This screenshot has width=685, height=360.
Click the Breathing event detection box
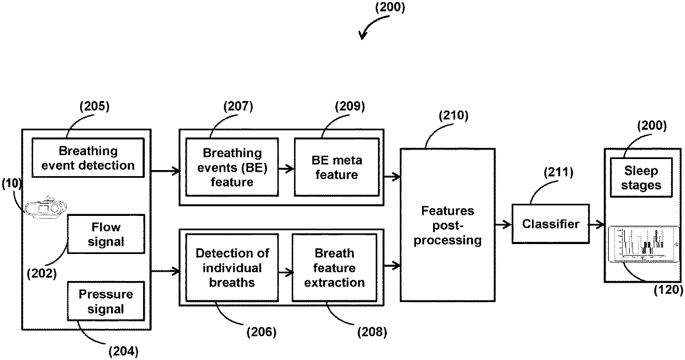(x=88, y=158)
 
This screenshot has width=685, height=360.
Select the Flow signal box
(x=106, y=234)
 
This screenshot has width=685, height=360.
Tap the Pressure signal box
(x=106, y=301)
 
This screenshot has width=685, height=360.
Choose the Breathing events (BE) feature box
(x=232, y=167)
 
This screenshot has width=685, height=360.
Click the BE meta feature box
(x=336, y=167)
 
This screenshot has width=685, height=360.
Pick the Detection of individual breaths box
(x=232, y=268)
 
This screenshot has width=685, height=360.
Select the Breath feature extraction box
(x=334, y=268)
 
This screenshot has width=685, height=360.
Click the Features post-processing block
(x=447, y=225)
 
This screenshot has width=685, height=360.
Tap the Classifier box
(x=551, y=224)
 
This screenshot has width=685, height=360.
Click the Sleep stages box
(x=641, y=178)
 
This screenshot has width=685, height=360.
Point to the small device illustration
(x=45, y=208)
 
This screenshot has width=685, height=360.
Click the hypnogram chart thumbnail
(x=644, y=244)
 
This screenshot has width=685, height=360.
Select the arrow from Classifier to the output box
(x=597, y=225)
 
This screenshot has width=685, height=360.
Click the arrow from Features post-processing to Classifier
(x=504, y=225)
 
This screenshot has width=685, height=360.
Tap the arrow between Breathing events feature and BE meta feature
(x=286, y=168)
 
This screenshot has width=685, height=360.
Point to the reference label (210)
(x=454, y=116)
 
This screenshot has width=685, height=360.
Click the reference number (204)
(x=124, y=352)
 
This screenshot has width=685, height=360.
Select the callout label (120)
(x=668, y=289)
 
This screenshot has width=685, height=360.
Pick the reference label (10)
(x=12, y=183)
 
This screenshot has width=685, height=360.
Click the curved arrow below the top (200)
(x=371, y=24)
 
